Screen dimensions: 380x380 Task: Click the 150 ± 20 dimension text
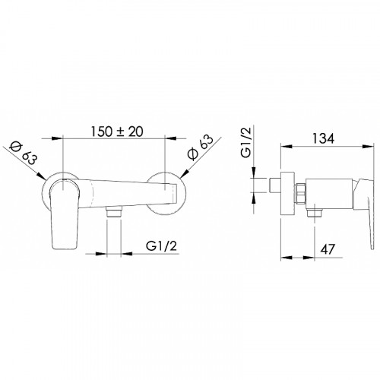click(x=117, y=131)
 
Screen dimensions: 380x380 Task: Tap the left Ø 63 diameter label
click(x=24, y=153)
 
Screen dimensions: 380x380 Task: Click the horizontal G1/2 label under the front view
click(x=161, y=245)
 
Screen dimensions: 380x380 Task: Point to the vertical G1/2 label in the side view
click(x=246, y=142)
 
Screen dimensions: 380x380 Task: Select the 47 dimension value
click(x=328, y=249)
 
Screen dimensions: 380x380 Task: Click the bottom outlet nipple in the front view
click(x=114, y=211)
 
